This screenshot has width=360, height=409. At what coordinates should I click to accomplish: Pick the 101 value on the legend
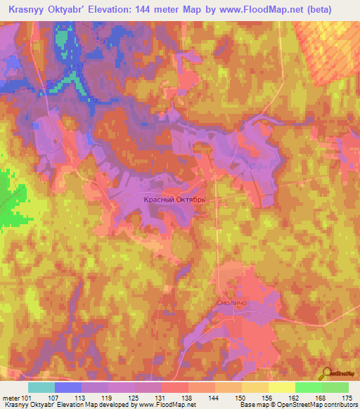point(27,397)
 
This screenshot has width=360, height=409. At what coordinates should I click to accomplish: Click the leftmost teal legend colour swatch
point(41,387)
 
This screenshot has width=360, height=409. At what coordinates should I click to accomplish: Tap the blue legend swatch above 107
point(68,387)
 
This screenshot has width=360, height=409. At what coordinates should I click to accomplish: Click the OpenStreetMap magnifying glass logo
point(328,374)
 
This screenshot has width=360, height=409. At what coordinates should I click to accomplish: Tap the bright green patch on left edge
point(13,200)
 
